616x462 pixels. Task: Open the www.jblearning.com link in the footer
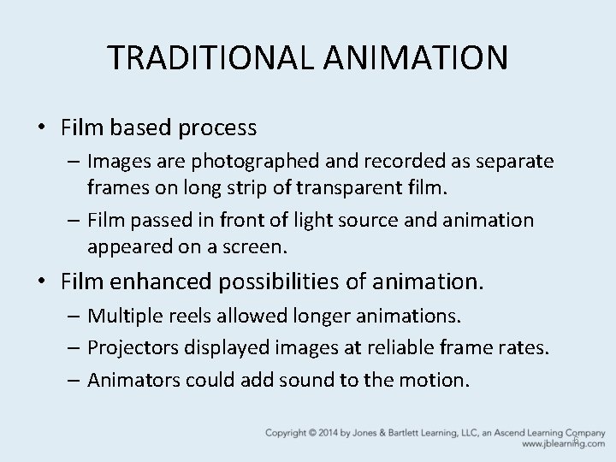pyautogui.click(x=556, y=445)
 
